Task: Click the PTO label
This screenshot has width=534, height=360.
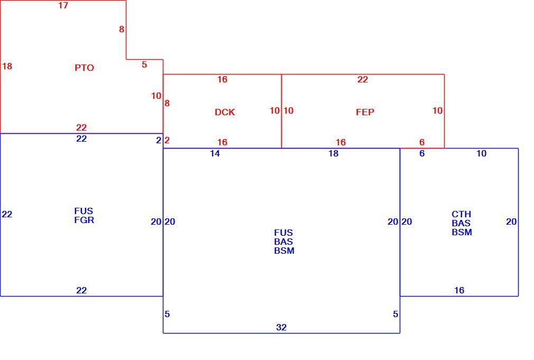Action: tap(84, 68)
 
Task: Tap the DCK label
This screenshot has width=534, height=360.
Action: tap(225, 112)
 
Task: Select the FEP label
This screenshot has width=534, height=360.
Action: tap(365, 112)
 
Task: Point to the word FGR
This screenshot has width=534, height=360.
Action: tap(84, 220)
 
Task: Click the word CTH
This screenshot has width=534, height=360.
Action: tap(462, 214)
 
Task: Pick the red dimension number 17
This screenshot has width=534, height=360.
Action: tap(63, 5)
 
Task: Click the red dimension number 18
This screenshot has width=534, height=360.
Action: tap(7, 66)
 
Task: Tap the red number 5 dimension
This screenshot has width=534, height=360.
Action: tap(144, 64)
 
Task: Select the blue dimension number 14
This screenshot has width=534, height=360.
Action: tap(215, 154)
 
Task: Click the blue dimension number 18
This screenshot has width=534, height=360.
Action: tap(334, 154)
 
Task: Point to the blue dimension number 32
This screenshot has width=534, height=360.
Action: tap(281, 327)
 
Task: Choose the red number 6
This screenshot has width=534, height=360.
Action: tap(422, 142)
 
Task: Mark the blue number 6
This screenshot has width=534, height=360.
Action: tap(422, 154)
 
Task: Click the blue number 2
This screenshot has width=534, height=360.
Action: tap(159, 140)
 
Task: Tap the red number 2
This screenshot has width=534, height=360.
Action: tap(167, 140)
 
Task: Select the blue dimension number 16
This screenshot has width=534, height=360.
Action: tap(459, 291)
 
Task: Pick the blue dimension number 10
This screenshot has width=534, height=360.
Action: tap(481, 154)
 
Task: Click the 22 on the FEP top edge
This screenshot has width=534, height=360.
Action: tap(363, 80)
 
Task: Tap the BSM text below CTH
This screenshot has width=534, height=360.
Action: tap(462, 232)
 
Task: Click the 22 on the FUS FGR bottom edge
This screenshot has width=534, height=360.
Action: tap(81, 291)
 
